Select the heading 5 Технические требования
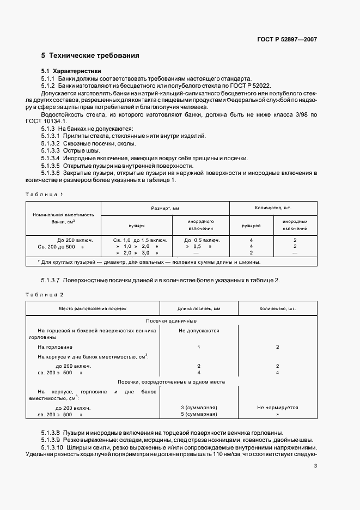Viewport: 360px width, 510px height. [90, 55]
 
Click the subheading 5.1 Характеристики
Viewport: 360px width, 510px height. [71, 71]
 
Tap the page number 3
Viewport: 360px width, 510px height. [315, 465]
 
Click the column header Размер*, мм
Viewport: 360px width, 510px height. [165, 208]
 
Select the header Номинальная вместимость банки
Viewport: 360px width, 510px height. [63, 218]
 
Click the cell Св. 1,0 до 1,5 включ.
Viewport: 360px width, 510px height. [140, 240]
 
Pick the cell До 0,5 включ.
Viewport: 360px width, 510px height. [202, 240]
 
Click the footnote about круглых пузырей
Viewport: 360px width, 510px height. [149, 262]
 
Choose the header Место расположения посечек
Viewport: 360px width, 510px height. [93, 308]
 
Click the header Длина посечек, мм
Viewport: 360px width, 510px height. [199, 308]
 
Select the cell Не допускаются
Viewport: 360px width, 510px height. [199, 330]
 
